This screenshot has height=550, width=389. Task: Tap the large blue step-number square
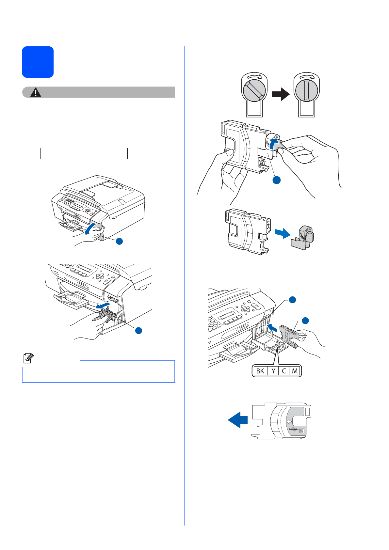(x=38, y=62)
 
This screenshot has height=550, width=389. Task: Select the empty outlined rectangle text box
(x=84, y=153)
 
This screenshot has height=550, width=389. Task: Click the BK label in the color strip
(x=260, y=371)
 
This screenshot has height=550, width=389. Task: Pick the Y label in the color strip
(x=273, y=371)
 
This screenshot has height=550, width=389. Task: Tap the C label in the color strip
(x=284, y=371)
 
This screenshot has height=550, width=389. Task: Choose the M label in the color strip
(x=295, y=371)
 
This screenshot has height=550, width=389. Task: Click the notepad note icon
(x=27, y=359)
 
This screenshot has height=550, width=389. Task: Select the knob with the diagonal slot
(x=254, y=92)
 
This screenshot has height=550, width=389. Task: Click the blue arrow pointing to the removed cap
(x=282, y=234)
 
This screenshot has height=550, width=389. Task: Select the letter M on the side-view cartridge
(x=302, y=431)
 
